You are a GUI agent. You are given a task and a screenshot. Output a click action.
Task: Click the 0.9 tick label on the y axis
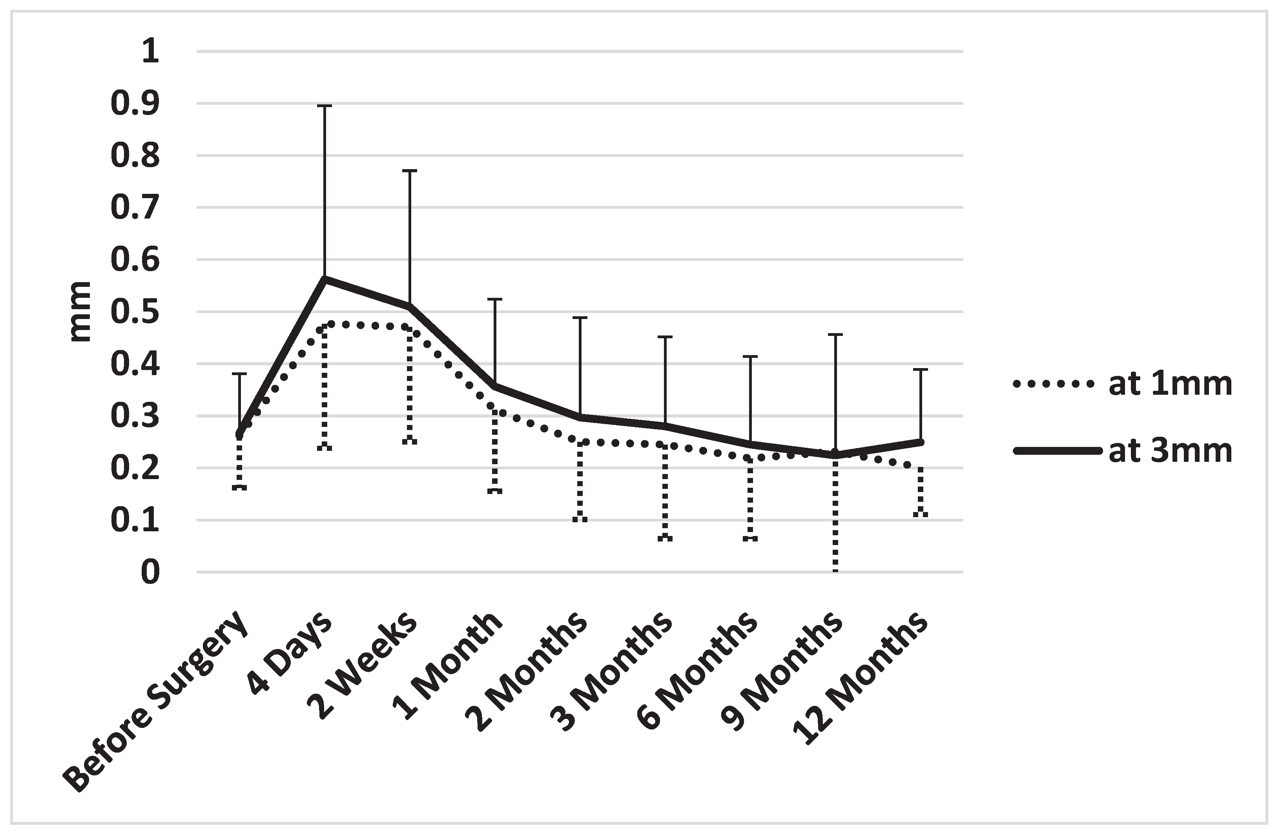135,104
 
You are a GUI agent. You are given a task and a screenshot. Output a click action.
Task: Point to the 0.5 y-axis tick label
135,312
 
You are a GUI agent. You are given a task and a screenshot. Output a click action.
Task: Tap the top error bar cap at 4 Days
324,106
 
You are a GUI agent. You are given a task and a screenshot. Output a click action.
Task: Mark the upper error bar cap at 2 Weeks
410,170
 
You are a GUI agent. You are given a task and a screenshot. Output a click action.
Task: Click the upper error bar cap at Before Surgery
239,373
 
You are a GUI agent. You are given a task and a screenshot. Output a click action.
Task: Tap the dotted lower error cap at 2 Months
580,520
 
